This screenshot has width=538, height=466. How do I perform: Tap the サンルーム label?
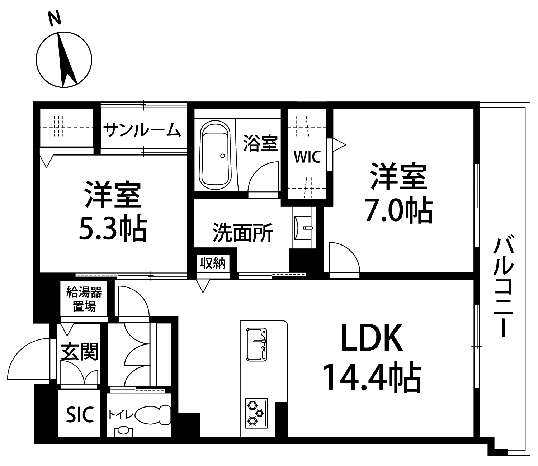[142, 130]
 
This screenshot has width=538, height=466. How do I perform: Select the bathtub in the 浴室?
[215, 156]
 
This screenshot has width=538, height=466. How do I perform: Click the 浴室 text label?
[260, 143]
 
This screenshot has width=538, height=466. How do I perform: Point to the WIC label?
[307, 157]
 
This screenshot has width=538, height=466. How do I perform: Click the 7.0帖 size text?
[398, 210]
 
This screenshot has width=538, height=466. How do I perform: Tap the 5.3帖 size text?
[113, 228]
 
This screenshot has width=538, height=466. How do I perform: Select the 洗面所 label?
[242, 232]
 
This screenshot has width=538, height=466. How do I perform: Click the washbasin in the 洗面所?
[303, 228]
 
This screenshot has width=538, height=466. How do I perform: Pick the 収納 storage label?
[213, 263]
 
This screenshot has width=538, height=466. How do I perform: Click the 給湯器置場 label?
[84, 299]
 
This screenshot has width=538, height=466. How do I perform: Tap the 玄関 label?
[80, 352]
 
